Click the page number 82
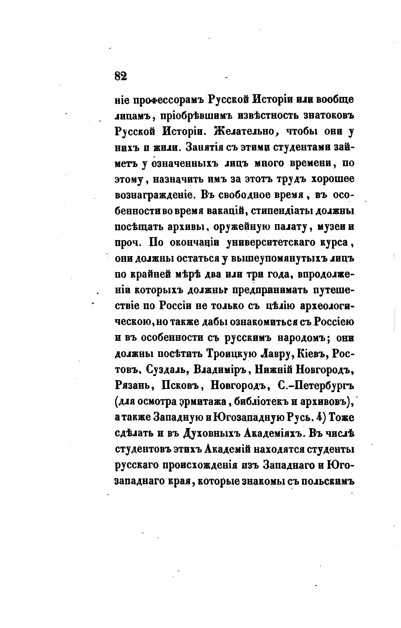(120, 76)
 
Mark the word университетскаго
(272, 242)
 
